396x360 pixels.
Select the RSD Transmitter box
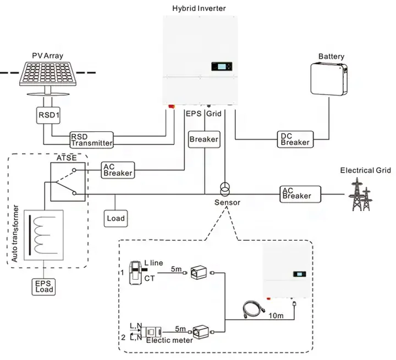pyautogui.click(x=91, y=140)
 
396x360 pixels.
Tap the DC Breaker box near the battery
pyautogui.click(x=296, y=139)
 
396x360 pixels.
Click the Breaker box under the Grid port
pyautogui.click(x=204, y=139)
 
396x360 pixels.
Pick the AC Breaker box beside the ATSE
pyautogui.click(x=118, y=170)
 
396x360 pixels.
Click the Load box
pyautogui.click(x=116, y=218)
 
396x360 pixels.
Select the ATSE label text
pyautogui.click(x=67, y=158)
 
